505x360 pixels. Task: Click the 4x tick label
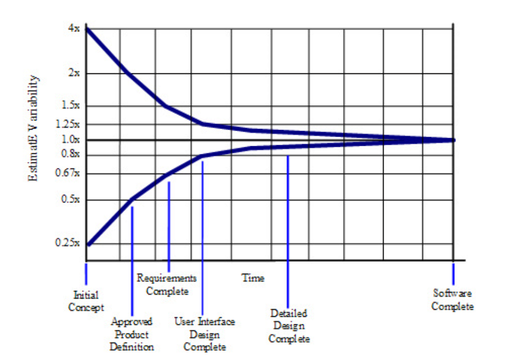74,29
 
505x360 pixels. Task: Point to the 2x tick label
74,73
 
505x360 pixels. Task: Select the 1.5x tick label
71,106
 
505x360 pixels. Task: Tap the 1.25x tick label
69,124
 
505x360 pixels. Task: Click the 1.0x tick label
71,139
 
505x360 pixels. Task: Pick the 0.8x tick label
71,154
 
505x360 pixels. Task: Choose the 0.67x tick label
69,174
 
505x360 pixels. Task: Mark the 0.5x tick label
71,200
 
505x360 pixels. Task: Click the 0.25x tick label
69,242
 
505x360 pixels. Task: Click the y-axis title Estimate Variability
33,127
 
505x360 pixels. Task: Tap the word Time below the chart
252,278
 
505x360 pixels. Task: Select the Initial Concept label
86,301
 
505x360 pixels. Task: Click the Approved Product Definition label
132,334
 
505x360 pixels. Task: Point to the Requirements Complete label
167,284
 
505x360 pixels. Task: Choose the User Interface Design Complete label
204,334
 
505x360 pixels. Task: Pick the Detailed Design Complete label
289,326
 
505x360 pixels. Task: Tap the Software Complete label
453,300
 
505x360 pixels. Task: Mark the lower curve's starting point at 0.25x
88,245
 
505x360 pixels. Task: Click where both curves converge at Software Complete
453,140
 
